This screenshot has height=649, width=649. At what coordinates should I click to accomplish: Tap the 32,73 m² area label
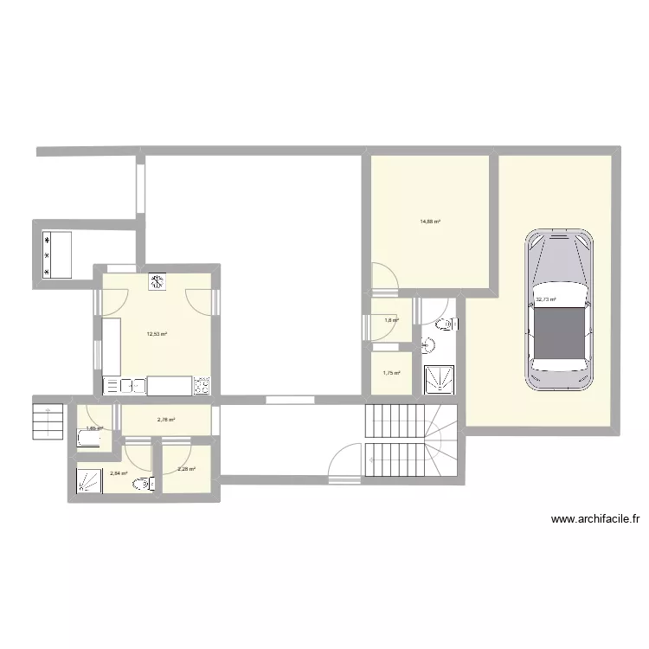pyautogui.click(x=545, y=300)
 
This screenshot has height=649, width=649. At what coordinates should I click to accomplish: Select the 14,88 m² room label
pyautogui.click(x=430, y=222)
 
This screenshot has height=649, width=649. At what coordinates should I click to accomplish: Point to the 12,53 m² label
pyautogui.click(x=157, y=334)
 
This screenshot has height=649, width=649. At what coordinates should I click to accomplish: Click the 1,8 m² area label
pyautogui.click(x=391, y=320)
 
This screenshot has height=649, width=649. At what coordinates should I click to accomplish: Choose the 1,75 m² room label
pyautogui.click(x=390, y=373)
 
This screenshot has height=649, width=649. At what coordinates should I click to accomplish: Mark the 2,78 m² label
pyautogui.click(x=165, y=421)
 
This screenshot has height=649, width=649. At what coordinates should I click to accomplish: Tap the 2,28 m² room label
pyautogui.click(x=186, y=470)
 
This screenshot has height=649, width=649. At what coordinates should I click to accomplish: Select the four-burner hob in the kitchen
pyautogui.click(x=202, y=385)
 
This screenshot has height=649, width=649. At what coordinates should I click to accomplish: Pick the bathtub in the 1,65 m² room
pyautogui.click(x=90, y=439)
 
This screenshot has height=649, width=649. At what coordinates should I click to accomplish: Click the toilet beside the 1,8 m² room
pyautogui.click(x=444, y=324)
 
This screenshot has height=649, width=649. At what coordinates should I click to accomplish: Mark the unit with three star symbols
pyautogui.click(x=47, y=254)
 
